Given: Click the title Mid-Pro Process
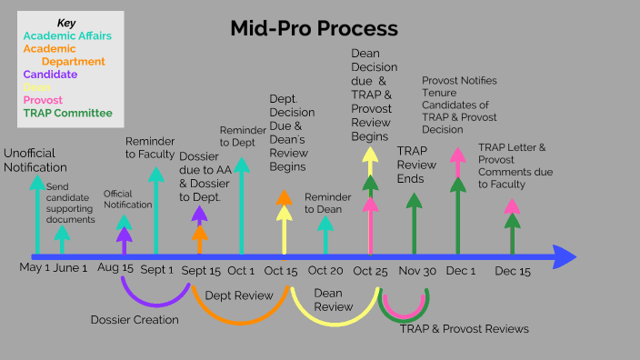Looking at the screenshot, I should (x=315, y=28).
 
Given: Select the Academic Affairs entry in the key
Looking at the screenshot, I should (x=67, y=35).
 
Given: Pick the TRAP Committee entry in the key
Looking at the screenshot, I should (x=67, y=113).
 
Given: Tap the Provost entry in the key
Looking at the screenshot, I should (x=44, y=100).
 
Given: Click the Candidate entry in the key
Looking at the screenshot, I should (x=50, y=75).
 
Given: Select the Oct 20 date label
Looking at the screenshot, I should (x=325, y=270).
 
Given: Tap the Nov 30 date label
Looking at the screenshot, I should (x=417, y=270).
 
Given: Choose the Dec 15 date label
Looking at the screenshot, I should (x=513, y=270).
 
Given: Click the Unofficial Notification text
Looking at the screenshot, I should (x=35, y=160).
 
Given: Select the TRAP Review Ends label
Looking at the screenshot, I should (x=417, y=164).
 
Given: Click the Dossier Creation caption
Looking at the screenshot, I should (x=135, y=319).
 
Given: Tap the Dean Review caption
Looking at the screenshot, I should (x=333, y=300).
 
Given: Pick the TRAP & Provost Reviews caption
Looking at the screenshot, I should (x=464, y=328).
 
